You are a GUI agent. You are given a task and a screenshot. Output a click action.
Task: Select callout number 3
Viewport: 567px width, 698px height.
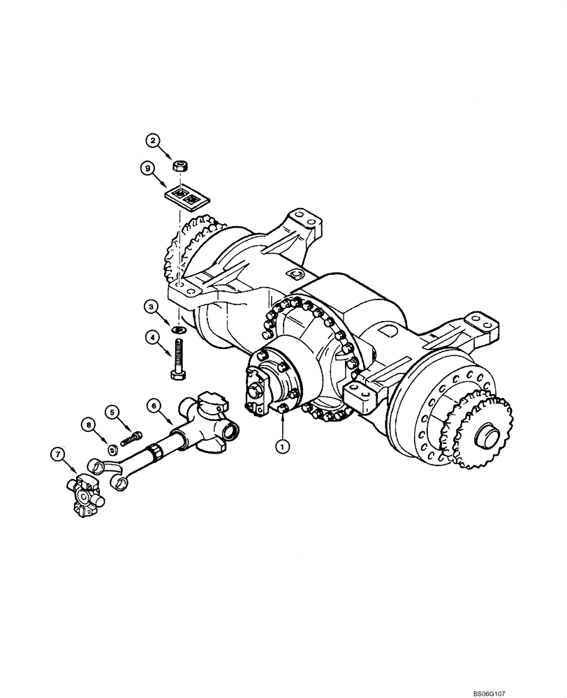(x=150, y=306)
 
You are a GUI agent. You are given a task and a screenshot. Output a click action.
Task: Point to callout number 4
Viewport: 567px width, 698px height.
(x=150, y=338)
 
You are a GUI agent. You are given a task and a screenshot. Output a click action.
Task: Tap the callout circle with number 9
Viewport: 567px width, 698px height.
(x=147, y=168)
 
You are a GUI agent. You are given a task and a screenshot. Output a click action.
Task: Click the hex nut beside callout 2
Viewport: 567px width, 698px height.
(x=179, y=165)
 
